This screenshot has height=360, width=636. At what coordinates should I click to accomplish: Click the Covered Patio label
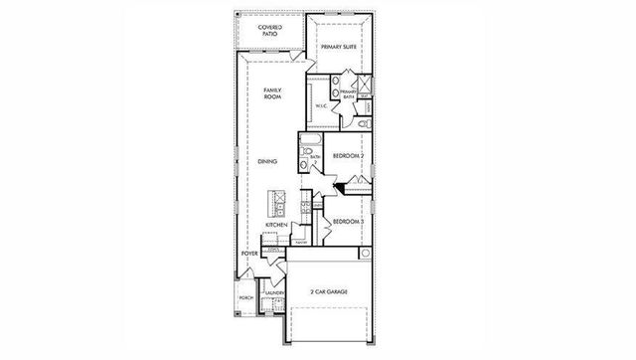point(271,31)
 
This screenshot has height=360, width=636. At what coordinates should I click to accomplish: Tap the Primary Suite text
point(339,45)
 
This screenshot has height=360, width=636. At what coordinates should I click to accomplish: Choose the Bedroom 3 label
point(345,220)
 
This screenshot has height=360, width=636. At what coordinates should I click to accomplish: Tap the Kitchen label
point(275,226)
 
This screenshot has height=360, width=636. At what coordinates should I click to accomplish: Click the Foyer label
point(248,254)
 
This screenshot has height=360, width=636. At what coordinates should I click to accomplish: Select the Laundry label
point(262,294)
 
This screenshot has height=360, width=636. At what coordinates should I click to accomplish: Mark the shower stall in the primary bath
point(365,85)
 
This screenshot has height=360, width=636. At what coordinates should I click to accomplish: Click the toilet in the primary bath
point(363,124)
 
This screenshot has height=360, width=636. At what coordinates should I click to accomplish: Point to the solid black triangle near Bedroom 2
point(341,186)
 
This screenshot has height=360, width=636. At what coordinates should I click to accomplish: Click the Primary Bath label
point(348,93)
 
